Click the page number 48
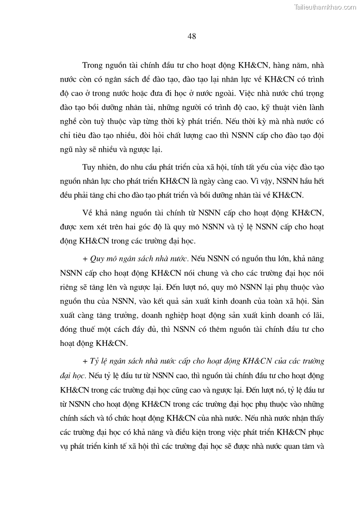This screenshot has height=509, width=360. point(191,36)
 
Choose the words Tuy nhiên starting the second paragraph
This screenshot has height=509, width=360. point(98,167)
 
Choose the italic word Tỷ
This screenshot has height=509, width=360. point(95,361)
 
